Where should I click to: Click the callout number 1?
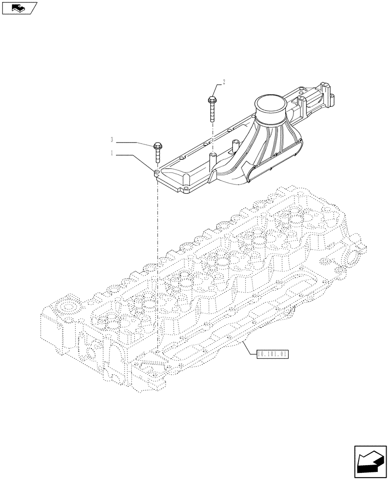coord(112,154)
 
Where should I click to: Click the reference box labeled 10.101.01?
coord(273,354)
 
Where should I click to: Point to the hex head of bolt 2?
coord(212,100)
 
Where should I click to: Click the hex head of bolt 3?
coord(157,145)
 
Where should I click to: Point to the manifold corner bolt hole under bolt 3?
coord(157,171)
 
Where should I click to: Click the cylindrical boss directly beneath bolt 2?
coord(212,159)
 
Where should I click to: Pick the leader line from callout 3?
coord(133,142)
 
